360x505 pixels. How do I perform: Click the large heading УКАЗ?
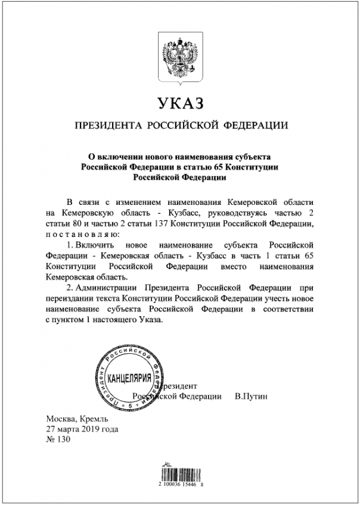[x=179, y=104]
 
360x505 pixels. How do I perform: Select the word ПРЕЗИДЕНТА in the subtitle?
[x=107, y=126]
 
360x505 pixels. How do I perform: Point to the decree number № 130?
[x=58, y=440]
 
